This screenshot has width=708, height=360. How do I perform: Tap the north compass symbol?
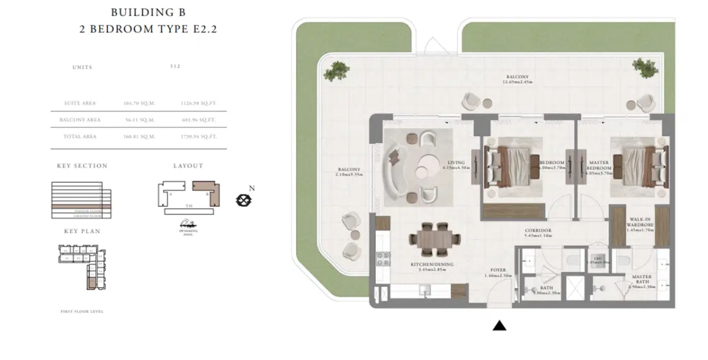(x=242, y=200)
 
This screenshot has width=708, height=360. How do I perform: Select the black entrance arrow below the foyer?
(x=500, y=325)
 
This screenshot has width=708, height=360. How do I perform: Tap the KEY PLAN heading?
(x=82, y=231)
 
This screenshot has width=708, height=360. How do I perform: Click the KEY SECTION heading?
(x=82, y=166)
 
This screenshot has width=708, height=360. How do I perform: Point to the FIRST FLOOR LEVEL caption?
(x=82, y=311)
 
